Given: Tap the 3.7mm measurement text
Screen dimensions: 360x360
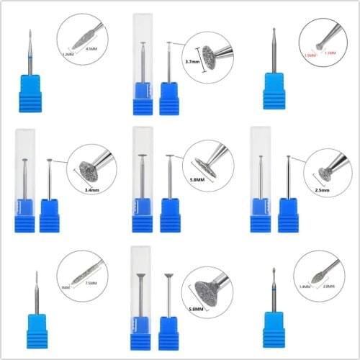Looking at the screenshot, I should pyautogui.click(x=193, y=63).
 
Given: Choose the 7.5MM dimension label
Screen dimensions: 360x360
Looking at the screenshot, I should pyautogui.click(x=90, y=283).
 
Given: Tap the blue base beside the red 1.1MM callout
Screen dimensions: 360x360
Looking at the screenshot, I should pyautogui.click(x=274, y=90).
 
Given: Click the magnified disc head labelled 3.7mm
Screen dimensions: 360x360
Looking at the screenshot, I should pyautogui.click(x=211, y=55).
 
